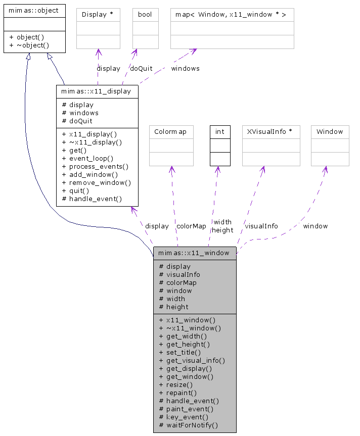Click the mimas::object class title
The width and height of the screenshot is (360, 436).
[33, 10]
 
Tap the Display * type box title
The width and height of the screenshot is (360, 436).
[98, 15]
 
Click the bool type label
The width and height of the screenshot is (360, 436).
[145, 15]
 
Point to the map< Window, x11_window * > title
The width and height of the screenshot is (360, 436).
[231, 15]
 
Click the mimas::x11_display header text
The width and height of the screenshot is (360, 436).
[96, 91]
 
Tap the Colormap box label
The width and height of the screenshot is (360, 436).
[171, 132]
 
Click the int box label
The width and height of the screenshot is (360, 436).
[220, 132]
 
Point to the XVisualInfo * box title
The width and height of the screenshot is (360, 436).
[271, 132]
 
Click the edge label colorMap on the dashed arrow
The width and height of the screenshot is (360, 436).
[191, 226]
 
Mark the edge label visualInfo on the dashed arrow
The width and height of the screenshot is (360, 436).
[261, 226]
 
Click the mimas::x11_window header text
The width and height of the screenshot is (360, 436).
[194, 253]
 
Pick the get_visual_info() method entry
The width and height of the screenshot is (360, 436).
[192, 360]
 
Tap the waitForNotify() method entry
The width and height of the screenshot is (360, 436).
[188, 425]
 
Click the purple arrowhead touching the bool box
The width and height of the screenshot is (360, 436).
[134, 52]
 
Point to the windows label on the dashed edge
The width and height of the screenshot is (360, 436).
[185, 68]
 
